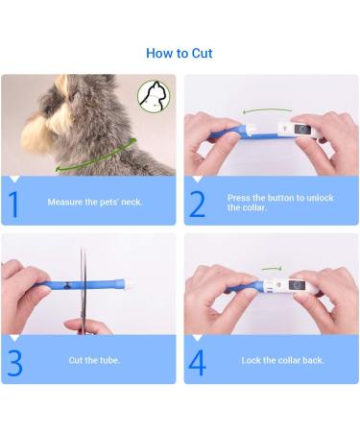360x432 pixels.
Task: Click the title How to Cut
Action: click(x=180, y=53)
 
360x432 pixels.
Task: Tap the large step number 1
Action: click(x=13, y=204)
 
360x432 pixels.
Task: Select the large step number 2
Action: click(x=197, y=204)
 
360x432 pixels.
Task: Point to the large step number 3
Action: click(x=14, y=363)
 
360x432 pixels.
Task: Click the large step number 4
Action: click(x=197, y=363)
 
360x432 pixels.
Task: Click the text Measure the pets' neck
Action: click(x=95, y=202)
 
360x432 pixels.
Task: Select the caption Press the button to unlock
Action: click(x=280, y=198)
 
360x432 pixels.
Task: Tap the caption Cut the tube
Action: click(x=94, y=360)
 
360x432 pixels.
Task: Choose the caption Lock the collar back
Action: click(x=282, y=360)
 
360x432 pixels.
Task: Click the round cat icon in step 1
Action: click(x=154, y=96)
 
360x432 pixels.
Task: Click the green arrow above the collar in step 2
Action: click(x=267, y=110)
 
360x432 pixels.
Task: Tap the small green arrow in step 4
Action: click(x=272, y=268)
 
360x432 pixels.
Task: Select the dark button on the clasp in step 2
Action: click(x=302, y=130)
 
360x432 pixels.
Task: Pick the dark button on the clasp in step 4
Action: click(x=297, y=285)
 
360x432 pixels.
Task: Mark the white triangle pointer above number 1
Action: click(x=14, y=180)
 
